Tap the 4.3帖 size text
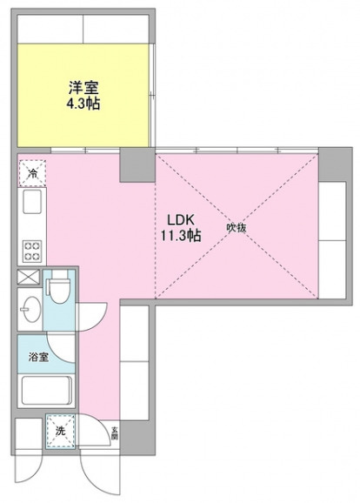pos(84,102)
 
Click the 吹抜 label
pos(237,228)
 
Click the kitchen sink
pos(30,205)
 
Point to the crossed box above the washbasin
pos(28,280)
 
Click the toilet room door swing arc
pos(94,313)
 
